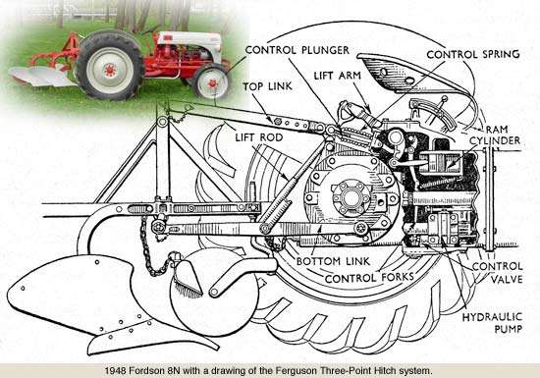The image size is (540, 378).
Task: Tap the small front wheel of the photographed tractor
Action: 209,82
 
